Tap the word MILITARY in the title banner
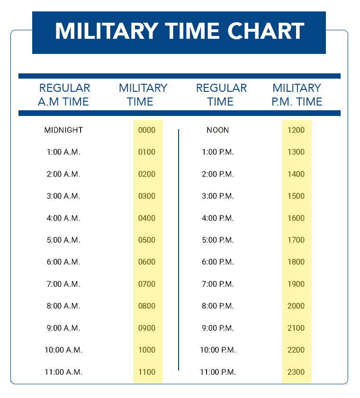click(x=106, y=31)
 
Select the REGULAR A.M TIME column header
click(x=64, y=95)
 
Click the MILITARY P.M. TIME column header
click(x=297, y=95)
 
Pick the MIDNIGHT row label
click(x=63, y=130)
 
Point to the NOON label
click(x=218, y=130)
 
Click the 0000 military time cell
click(x=147, y=130)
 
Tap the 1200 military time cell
click(x=296, y=130)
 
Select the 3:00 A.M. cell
click(x=63, y=196)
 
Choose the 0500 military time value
click(x=147, y=240)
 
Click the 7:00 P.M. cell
click(x=218, y=284)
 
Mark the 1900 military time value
click(x=296, y=284)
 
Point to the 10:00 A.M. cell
click(x=63, y=350)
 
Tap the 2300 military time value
click(x=296, y=372)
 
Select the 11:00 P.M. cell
click(x=218, y=372)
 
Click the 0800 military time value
click(x=147, y=306)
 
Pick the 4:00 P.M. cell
click(x=218, y=218)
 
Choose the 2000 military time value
click(x=296, y=306)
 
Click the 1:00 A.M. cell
click(x=63, y=152)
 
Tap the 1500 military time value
click(x=296, y=196)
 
